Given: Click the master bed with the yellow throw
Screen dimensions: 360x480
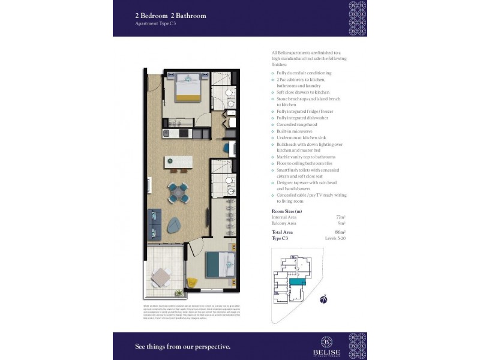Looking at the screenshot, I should click(188, 89).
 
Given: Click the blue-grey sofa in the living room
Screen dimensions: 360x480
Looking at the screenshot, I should click(155, 223).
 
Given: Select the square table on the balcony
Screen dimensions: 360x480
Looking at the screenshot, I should click(160, 278).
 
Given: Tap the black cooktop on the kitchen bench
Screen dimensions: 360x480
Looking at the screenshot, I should click(169, 132).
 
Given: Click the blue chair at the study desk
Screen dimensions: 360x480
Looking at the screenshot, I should click(228, 147).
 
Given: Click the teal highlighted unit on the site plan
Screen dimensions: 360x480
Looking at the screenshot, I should click(297, 281).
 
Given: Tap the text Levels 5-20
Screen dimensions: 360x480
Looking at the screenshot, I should click(336, 238).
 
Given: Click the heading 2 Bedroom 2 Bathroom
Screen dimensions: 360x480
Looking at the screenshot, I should click(170, 16).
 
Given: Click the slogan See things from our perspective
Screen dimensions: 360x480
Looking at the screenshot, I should click(183, 346).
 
